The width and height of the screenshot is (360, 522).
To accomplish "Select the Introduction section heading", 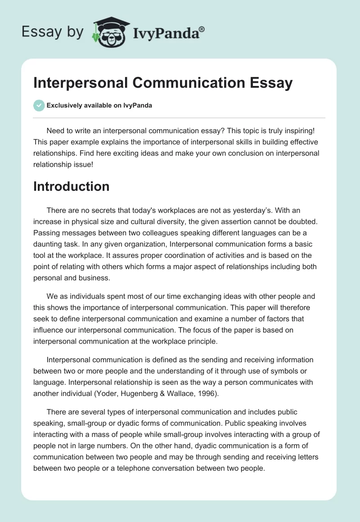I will tap(71, 186).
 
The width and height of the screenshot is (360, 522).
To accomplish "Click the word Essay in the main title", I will tap(268, 83).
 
